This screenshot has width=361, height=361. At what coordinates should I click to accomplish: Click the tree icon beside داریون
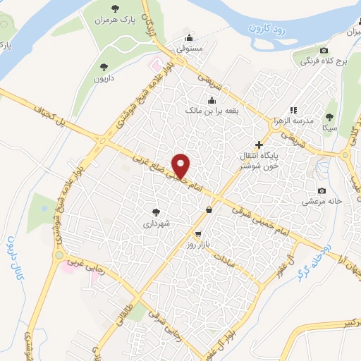click(104, 68)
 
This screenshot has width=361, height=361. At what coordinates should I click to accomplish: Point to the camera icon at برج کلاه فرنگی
click(324, 50)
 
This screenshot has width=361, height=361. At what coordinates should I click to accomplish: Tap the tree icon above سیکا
click(329, 116)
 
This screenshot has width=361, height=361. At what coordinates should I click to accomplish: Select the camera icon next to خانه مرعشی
click(322, 190)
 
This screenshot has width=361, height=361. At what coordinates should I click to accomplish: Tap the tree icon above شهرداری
click(157, 211)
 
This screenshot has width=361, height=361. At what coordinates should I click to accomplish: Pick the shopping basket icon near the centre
click(209, 209)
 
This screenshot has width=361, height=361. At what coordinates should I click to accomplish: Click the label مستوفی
click(188, 49)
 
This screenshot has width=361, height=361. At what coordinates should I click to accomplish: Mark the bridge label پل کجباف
click(54, 118)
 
